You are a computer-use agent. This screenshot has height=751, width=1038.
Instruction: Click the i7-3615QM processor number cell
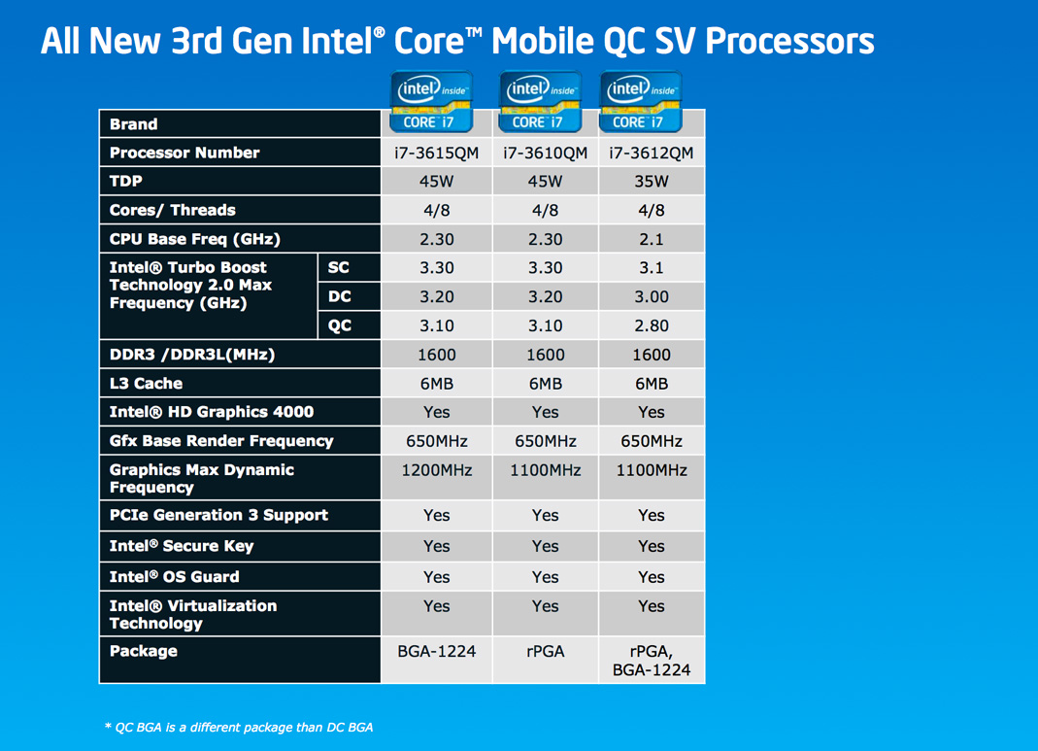pos(436,153)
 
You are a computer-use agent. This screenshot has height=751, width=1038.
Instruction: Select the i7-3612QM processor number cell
pos(652,153)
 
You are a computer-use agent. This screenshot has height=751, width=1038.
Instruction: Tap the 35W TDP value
pos(652,182)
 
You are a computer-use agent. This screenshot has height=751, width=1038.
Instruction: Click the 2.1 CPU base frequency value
pos(652,239)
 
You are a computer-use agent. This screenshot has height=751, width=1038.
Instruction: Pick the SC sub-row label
pos(338,267)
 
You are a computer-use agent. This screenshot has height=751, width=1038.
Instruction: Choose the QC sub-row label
pos(340,325)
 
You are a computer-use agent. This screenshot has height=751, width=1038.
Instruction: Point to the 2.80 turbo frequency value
pos(652,325)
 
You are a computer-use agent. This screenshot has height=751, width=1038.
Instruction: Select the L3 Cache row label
pos(146,384)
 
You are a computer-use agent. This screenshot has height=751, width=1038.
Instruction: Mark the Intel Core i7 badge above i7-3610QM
pos(540,101)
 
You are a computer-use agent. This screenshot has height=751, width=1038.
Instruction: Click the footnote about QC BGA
pos(239,727)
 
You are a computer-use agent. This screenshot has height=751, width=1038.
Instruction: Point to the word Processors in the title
pos(789,41)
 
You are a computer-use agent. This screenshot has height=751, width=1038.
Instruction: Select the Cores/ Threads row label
pos(172,210)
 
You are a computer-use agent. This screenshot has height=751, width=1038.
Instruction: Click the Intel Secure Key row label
pos(182,546)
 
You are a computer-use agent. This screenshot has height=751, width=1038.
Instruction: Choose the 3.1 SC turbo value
pos(652,267)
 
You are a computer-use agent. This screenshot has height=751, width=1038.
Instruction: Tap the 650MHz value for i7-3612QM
pos(652,441)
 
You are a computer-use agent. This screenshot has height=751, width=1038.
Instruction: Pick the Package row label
pos(143,651)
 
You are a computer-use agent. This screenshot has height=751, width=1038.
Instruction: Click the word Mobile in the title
pos(543,41)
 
